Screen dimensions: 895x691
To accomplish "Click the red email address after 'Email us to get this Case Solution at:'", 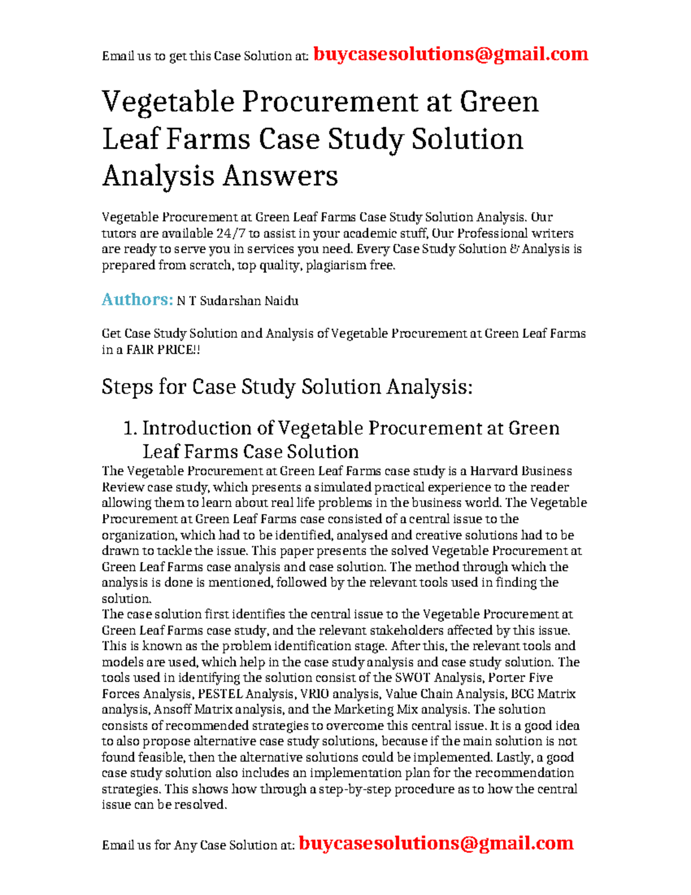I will (x=450, y=55).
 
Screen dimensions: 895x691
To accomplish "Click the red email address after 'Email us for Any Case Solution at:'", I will (x=436, y=844).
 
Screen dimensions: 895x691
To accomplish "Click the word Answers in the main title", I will (x=280, y=176).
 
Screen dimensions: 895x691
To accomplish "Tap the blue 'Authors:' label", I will (x=137, y=300).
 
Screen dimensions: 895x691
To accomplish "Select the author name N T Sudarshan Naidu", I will (x=237, y=301).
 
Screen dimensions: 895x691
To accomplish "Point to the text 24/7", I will (x=230, y=233).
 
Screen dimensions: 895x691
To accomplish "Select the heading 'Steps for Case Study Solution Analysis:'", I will (x=287, y=387).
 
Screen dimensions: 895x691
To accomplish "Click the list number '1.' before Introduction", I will (x=130, y=429).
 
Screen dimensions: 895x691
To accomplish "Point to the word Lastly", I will (x=516, y=757).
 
